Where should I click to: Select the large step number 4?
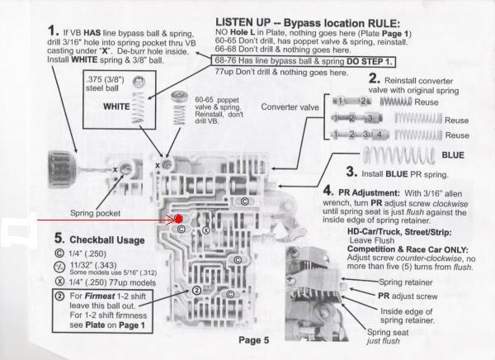click(328, 192)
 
